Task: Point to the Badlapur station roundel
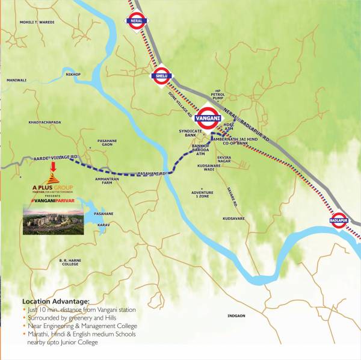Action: (339, 221)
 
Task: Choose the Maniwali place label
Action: (17, 79)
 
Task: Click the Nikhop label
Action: (73, 75)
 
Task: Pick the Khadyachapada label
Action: (45, 122)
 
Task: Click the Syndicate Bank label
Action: (190, 132)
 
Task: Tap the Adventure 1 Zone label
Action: (203, 194)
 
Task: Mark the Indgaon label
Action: (237, 315)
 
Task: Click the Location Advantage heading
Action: (55, 301)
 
